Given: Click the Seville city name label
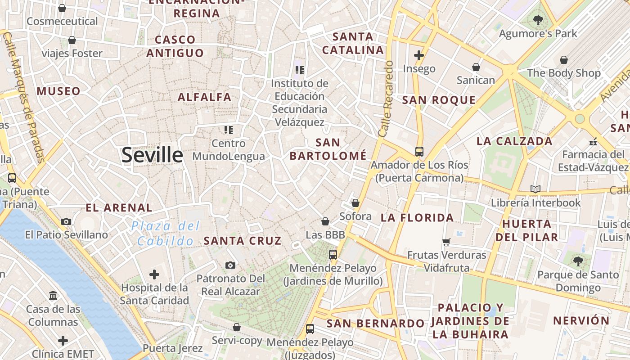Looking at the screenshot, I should click(152, 155).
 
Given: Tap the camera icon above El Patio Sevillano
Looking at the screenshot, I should click(66, 221).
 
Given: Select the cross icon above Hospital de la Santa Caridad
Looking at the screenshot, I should click(154, 274).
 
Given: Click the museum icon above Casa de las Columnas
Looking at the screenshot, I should click(53, 296).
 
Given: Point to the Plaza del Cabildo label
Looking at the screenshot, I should click(166, 233).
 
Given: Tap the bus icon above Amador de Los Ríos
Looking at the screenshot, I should click(419, 152).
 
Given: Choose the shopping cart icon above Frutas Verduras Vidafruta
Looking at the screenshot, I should click(446, 242).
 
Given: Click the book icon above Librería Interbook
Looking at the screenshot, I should click(535, 189).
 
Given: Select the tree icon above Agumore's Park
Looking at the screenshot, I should click(538, 20).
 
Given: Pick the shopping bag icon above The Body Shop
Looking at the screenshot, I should click(563, 59).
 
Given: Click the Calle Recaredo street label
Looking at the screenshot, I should click(386, 99).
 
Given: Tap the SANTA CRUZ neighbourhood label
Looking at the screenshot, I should click(243, 241).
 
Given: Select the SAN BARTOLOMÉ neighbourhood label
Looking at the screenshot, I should click(328, 149).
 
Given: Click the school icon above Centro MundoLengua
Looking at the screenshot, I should click(229, 130).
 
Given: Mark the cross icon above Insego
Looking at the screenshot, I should click(419, 55).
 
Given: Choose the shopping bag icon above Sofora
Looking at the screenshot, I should click(355, 203).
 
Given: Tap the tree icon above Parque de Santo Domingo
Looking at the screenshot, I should click(578, 261).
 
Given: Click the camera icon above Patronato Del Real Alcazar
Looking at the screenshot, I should click(230, 265).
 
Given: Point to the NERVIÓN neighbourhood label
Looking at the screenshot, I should click(581, 321).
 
